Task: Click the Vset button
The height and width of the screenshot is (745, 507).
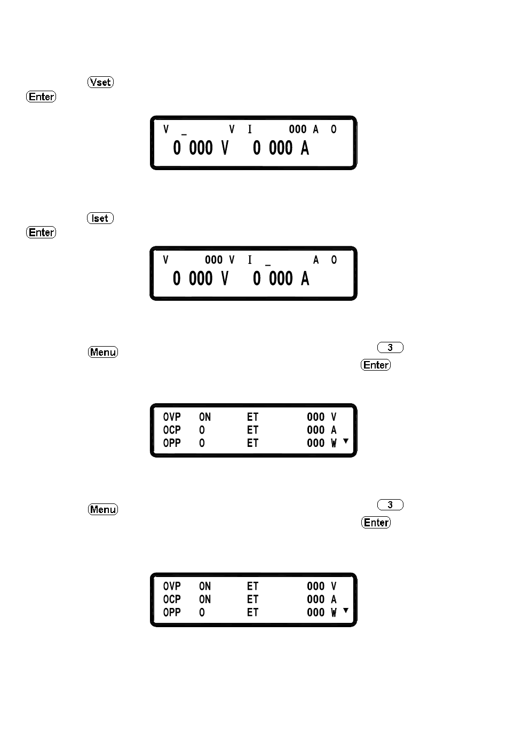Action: click(x=100, y=82)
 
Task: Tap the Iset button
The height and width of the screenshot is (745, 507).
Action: click(x=100, y=218)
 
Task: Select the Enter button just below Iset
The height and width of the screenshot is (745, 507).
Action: click(x=41, y=233)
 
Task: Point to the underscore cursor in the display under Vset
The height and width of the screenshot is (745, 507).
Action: click(x=184, y=133)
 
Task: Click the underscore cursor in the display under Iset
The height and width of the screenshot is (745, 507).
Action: click(x=268, y=265)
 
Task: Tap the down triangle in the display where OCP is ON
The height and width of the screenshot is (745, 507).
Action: click(x=346, y=610)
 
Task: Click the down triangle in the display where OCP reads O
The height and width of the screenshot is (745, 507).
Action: click(x=346, y=441)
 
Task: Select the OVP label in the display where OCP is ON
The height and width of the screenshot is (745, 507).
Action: click(x=172, y=586)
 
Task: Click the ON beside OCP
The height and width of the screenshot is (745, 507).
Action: click(x=205, y=599)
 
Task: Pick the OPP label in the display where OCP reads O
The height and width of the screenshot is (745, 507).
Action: click(x=172, y=443)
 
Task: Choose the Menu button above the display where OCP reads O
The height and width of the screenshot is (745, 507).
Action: click(x=103, y=352)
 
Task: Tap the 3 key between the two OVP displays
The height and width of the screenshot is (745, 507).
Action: click(x=390, y=505)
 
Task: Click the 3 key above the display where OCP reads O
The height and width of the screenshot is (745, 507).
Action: click(x=390, y=348)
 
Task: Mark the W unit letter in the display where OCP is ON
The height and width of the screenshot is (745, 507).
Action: click(x=334, y=613)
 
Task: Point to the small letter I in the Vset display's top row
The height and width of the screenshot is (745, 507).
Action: click(x=249, y=129)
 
